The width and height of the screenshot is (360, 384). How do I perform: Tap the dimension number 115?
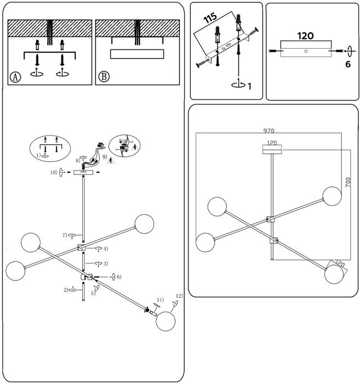click(210, 20)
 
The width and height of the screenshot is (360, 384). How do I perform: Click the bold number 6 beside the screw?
click(348, 64)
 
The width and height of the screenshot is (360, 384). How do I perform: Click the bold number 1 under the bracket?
click(249, 86)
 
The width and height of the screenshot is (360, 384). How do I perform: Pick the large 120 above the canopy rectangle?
click(305, 36)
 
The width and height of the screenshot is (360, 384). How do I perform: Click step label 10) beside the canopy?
click(53, 172)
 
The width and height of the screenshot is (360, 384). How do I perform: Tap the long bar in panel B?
click(136, 54)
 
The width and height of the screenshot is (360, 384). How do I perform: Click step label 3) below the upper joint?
click(105, 264)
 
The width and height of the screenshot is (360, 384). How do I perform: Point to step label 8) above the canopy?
click(78, 161)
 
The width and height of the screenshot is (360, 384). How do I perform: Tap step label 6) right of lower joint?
click(118, 276)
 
